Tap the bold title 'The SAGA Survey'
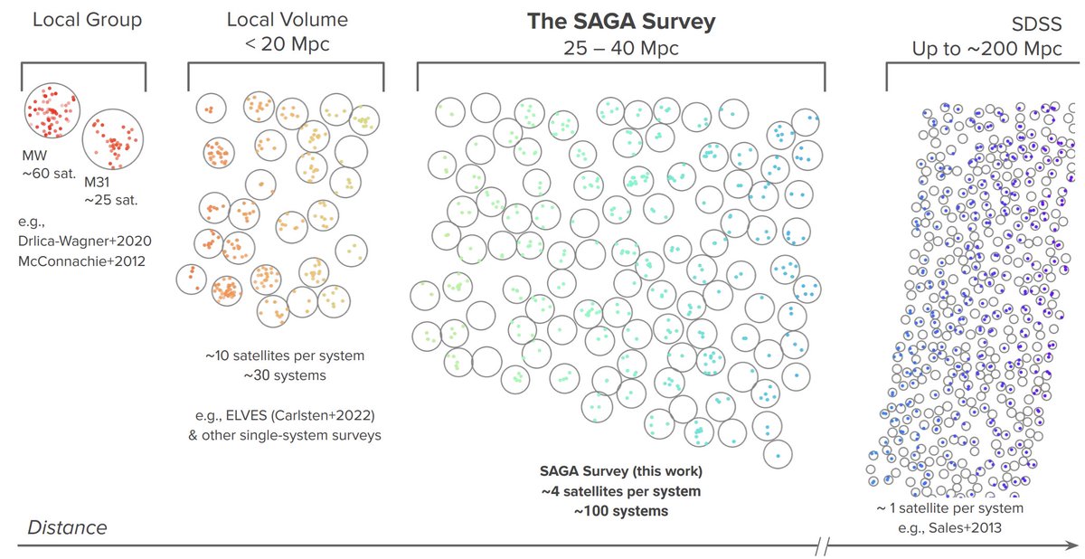(x=620, y=22)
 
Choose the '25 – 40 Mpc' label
(x=620, y=47)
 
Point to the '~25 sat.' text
(x=112, y=198)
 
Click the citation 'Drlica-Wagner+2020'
(x=84, y=242)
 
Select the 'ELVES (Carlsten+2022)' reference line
(x=298, y=415)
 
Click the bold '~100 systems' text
(x=620, y=511)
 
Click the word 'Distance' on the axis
(x=67, y=527)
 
